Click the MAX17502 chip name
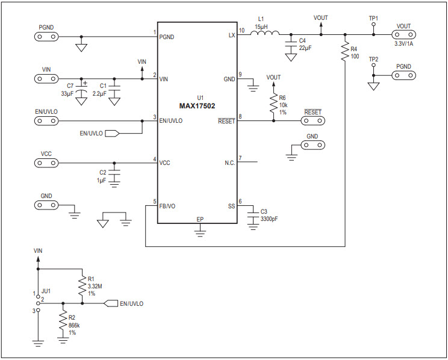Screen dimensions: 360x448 (197, 106)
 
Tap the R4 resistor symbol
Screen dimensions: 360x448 (344, 52)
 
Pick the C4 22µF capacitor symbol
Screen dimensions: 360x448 (290, 45)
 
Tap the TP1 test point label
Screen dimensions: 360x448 (373, 18)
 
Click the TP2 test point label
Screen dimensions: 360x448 (373, 59)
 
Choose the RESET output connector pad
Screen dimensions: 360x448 (313, 120)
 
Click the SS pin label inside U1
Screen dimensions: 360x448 (231, 206)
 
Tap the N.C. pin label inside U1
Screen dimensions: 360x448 (229, 163)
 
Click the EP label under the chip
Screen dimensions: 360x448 (201, 219)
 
